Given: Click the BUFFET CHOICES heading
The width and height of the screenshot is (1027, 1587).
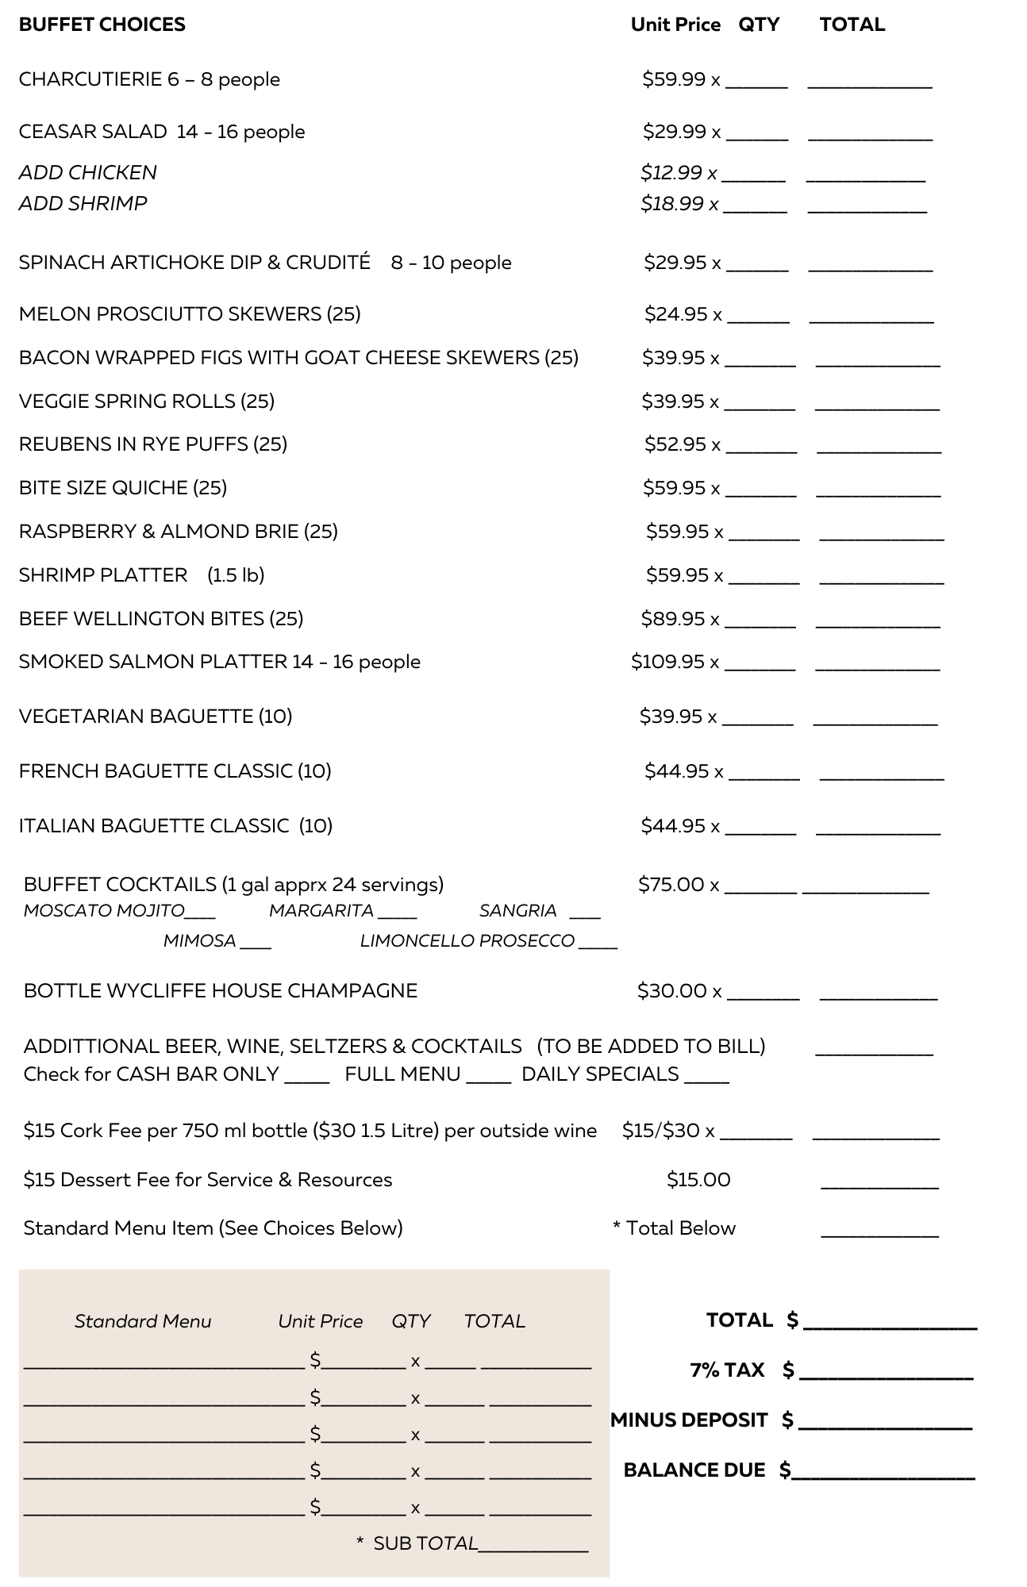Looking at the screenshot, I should point(102,25).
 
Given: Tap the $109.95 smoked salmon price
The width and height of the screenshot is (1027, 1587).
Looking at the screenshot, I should point(668,661).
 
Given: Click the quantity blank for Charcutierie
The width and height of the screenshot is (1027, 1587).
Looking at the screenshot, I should point(757,82).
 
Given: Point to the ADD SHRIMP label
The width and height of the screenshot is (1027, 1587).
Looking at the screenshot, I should point(83,203).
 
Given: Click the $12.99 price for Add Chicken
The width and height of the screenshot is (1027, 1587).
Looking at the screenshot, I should point(671,172).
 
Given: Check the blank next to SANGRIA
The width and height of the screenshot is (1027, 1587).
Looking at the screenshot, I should point(585,913).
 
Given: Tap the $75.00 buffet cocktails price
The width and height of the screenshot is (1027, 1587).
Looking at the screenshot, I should point(671,884).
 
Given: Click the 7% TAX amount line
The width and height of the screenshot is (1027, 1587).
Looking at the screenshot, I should point(887,1374).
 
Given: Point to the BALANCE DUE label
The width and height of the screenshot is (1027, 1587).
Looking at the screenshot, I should point(694,1470).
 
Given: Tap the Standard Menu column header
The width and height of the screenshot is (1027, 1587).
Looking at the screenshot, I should point(143,1321).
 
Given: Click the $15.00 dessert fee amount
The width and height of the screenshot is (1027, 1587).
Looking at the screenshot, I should point(698,1179).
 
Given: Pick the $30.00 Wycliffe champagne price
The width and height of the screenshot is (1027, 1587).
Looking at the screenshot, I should point(671,990).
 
